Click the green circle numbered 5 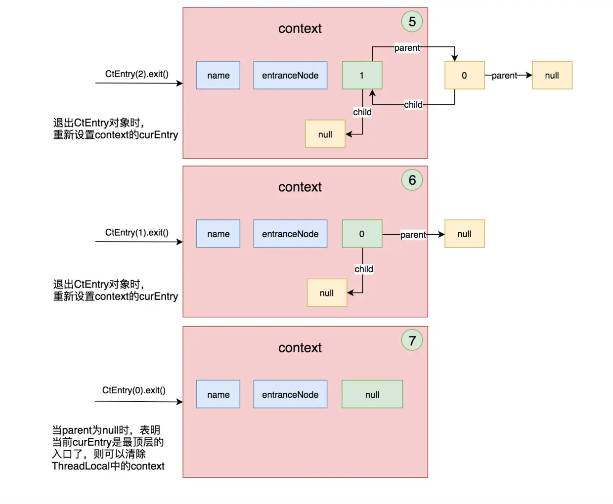tap(412, 21)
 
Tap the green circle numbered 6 tap(412, 180)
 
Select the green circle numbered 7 tap(412, 340)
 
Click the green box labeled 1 tap(362, 75)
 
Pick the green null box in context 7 tap(372, 394)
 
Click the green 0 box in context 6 tap(362, 234)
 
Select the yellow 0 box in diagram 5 tap(465, 75)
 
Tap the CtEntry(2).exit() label tap(136, 74)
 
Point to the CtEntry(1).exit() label tap(136, 232)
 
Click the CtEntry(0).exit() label tap(133, 390)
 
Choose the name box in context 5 tap(218, 75)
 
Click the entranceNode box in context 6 tap(290, 234)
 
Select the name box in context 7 tap(218, 394)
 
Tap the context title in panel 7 tap(300, 348)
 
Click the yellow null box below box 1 tap(325, 134)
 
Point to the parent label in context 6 tap(413, 234)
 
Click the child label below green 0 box tap(364, 269)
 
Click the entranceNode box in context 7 tap(290, 394)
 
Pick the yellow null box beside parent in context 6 tap(465, 234)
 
